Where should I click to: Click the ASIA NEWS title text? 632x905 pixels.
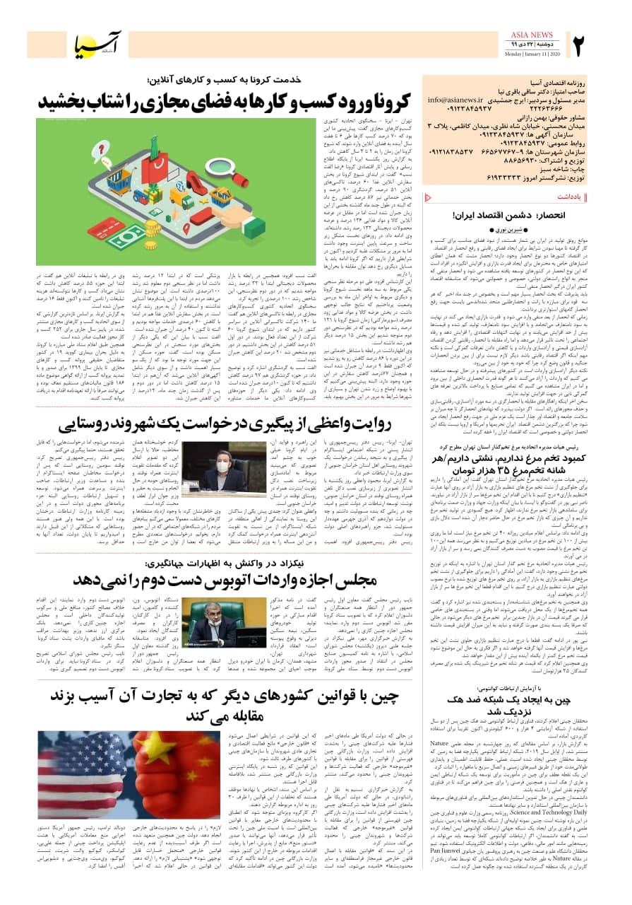coord(532,35)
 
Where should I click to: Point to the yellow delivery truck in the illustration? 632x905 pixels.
coord(183,199)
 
